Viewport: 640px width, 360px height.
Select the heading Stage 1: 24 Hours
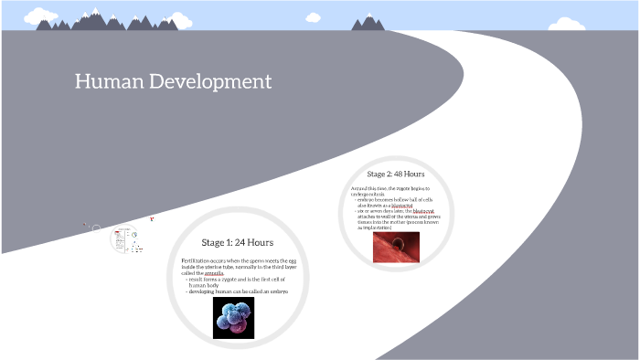(x=237, y=242)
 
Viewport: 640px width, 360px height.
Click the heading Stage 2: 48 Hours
(x=395, y=174)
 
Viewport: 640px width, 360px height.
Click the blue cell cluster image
(x=233, y=318)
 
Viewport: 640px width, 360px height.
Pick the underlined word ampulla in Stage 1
(x=214, y=273)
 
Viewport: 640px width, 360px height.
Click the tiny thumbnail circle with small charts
(x=125, y=239)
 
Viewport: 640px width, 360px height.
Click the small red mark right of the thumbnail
(x=152, y=219)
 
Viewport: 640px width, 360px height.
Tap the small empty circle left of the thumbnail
(x=96, y=228)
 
